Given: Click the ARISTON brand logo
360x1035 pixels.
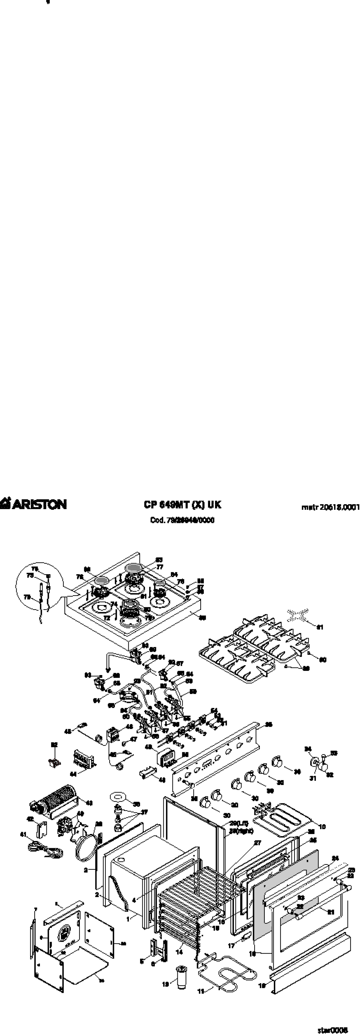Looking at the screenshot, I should coord(34,504).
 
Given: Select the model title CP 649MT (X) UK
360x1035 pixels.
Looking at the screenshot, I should coord(182,505).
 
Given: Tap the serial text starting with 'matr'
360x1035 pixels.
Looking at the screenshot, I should coord(330,507).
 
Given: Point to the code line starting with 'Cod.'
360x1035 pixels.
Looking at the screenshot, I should coord(182,520).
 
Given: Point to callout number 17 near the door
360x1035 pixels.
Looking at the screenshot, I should coord(232,946).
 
